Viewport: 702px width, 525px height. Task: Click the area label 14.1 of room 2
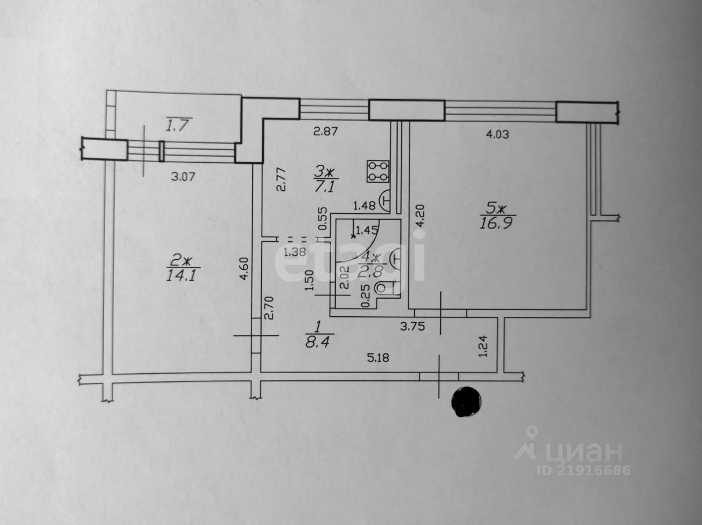tap(179, 274)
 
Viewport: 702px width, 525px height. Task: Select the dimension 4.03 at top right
tap(497, 134)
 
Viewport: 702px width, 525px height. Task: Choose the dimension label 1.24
tap(483, 346)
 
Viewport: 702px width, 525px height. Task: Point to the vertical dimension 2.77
tap(281, 179)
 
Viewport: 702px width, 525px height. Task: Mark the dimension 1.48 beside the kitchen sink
tap(364, 206)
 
